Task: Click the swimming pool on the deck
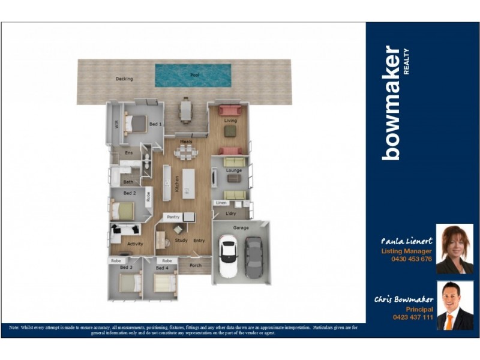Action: tap(193, 76)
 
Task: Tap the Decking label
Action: tap(124, 79)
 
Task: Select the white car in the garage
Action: tap(229, 256)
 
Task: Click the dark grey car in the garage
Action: tap(253, 256)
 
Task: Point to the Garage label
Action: tap(241, 228)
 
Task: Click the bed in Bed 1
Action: tap(137, 124)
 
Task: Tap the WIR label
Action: tap(116, 125)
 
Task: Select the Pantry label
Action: tap(173, 217)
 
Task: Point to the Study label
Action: tap(181, 241)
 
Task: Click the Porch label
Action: tap(195, 265)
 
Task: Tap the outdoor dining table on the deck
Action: tap(186, 110)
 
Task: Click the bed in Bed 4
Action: tap(163, 283)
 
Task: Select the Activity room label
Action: tap(135, 244)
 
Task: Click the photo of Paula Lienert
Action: tap(454, 249)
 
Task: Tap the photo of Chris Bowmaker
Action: tap(454, 305)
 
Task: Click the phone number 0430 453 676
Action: tap(411, 259)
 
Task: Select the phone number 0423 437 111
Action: tap(412, 316)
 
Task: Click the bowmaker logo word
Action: tap(391, 103)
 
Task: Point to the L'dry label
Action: tap(230, 214)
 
